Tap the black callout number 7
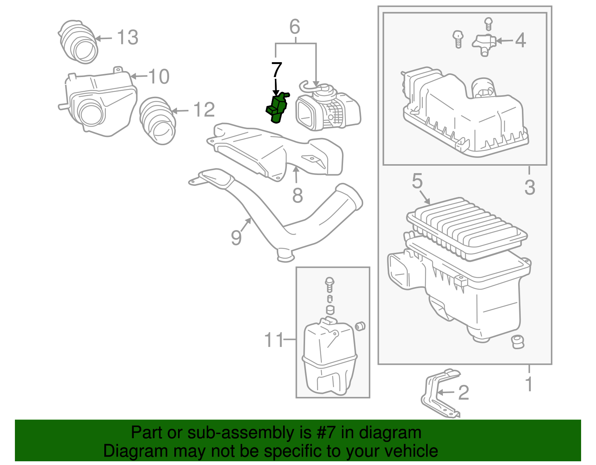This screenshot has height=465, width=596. pos(276,70)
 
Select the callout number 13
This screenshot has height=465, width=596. pos(127,38)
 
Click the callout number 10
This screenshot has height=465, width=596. pos(159,77)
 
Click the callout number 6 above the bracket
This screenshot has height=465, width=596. pos(295,27)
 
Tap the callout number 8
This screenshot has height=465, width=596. pos(297,195)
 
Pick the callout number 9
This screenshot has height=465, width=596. pos(236,238)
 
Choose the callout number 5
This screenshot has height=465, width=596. pos(417,181)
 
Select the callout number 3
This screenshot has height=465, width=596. pos(529,187)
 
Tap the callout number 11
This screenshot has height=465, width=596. pos(274,340)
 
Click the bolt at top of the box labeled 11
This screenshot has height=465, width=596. pos(329,283)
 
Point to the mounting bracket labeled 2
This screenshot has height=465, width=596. pos(440,393)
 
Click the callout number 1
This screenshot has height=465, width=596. pos(529,384)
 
